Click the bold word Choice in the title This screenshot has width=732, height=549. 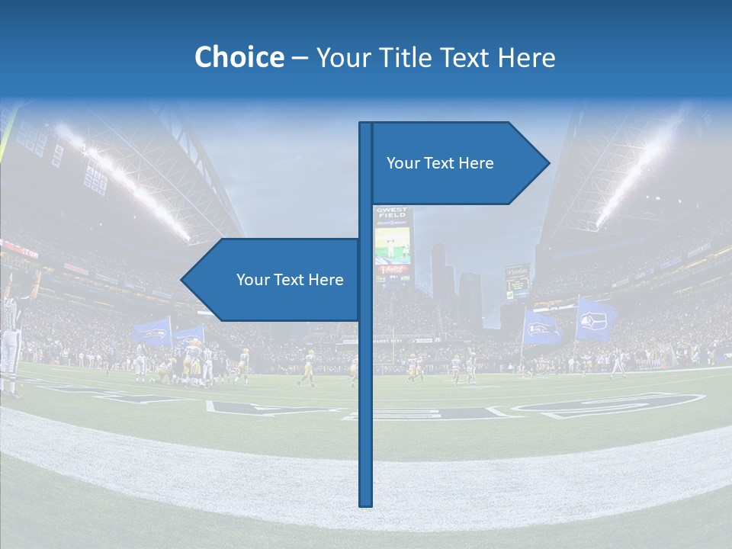coord(239,57)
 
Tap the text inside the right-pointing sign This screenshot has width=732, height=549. coord(440,163)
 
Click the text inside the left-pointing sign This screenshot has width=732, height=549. coord(290,280)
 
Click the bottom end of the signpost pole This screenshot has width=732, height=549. coord(366,503)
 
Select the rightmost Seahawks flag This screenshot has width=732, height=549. coord(596,319)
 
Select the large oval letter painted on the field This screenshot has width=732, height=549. coord(610,404)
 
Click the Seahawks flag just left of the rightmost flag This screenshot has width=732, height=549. coord(541,328)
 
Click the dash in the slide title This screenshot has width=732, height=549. coord(300,58)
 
